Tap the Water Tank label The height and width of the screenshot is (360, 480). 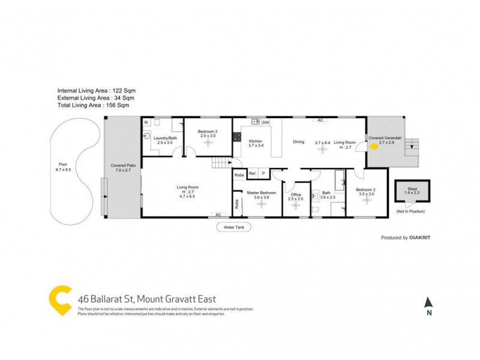coord(233,227)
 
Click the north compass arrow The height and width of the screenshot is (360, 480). coord(428,302)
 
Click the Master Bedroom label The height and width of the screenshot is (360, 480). coord(261,195)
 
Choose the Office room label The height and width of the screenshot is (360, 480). coord(295,196)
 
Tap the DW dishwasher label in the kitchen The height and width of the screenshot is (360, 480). coord(266,122)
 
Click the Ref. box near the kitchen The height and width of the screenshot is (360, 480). coord(253,174)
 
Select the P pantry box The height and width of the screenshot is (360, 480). coord(263,174)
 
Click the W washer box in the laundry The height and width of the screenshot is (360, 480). coord(146,122)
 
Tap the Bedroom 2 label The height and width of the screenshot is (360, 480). coord(366,191)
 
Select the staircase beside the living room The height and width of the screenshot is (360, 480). coord(221,163)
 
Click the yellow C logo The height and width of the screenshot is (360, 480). coord(60,299)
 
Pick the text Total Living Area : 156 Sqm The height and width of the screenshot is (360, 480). coord(93,105)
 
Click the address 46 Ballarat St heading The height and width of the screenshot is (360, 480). coord(147,299)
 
